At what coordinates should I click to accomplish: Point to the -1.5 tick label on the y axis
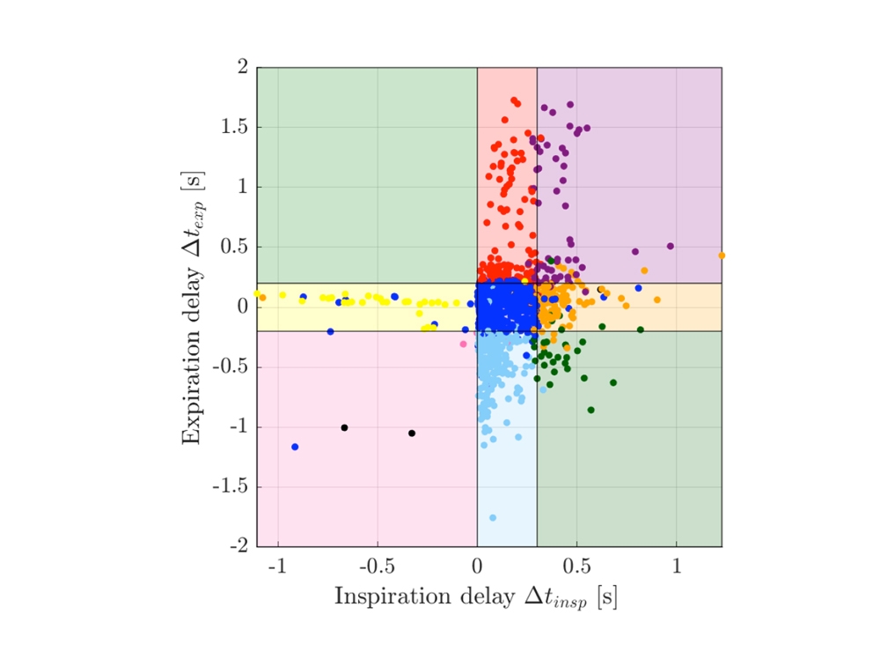230,487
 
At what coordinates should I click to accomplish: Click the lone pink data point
464,344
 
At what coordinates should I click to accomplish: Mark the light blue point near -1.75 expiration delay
493,518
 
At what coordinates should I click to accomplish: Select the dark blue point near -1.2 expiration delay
295,447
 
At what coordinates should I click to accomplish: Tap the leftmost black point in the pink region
344,427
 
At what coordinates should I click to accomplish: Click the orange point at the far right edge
722,255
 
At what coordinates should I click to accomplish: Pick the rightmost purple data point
671,246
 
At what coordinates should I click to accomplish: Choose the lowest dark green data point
590,410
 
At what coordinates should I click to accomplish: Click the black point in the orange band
601,289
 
